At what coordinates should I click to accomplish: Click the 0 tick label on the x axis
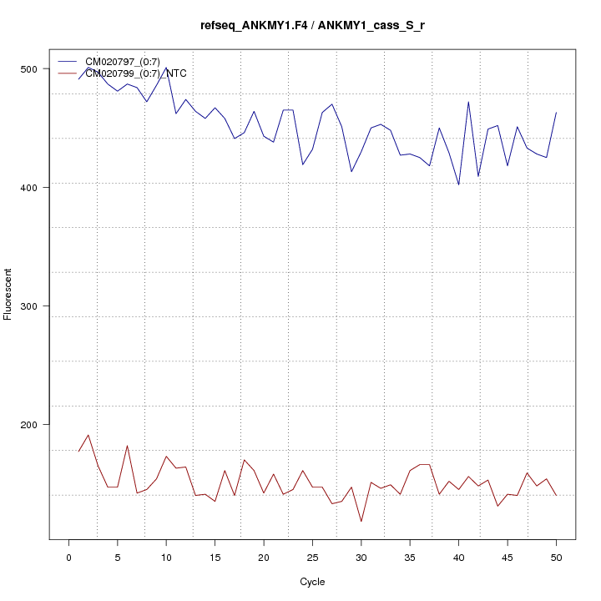tap(68, 557)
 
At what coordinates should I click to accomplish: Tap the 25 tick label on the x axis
tap(312, 557)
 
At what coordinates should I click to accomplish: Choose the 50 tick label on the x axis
tap(556, 557)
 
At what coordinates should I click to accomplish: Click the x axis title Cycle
tap(312, 582)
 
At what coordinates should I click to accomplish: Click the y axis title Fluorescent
tap(8, 294)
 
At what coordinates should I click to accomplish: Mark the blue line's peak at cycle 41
tap(468, 102)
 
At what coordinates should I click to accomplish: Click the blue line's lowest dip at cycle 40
tap(458, 184)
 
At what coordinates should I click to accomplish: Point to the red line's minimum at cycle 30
tap(361, 522)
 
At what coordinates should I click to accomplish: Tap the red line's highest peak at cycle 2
tap(88, 435)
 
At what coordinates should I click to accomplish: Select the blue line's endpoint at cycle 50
tap(556, 113)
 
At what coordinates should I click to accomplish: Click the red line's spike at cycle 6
tap(127, 446)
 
